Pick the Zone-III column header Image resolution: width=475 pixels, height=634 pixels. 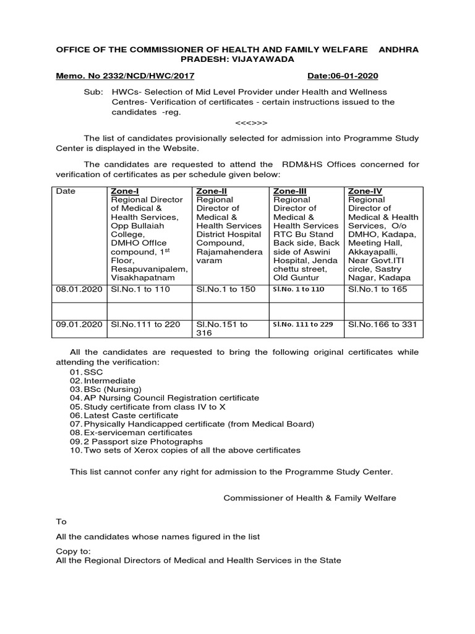[x=289, y=191]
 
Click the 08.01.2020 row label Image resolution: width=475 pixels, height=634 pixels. [x=78, y=289]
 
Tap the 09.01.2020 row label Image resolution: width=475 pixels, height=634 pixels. [x=78, y=324]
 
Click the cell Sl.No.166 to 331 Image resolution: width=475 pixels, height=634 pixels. [x=382, y=324]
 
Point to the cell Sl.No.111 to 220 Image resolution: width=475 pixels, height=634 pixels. [x=145, y=324]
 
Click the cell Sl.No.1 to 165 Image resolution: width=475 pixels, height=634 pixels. [x=378, y=289]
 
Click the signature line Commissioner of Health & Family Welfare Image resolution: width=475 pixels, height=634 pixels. [x=309, y=497]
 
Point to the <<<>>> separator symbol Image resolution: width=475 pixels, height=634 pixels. [x=251, y=123]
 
